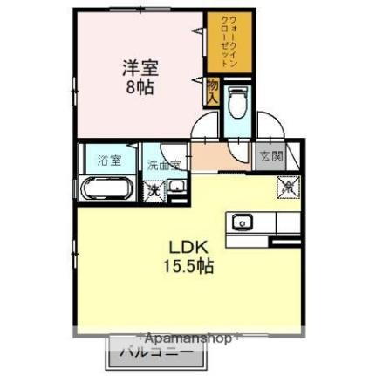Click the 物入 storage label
pyautogui.click(x=212, y=90)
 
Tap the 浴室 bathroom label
pyautogui.click(x=109, y=160)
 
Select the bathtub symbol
pyautogui.click(x=107, y=188)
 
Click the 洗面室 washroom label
pyautogui.click(x=163, y=163)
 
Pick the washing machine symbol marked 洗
pyautogui.click(x=154, y=188)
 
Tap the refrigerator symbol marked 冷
pyautogui.click(x=286, y=186)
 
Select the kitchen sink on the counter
pyautogui.click(x=241, y=222)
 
